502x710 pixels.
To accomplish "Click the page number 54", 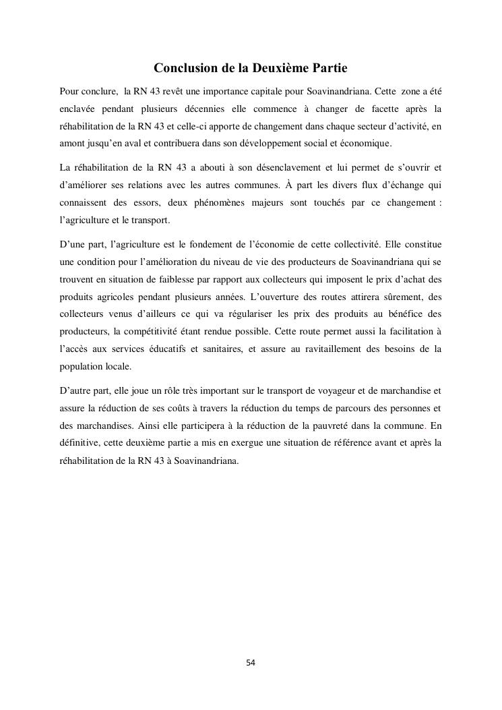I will [x=251, y=663].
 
